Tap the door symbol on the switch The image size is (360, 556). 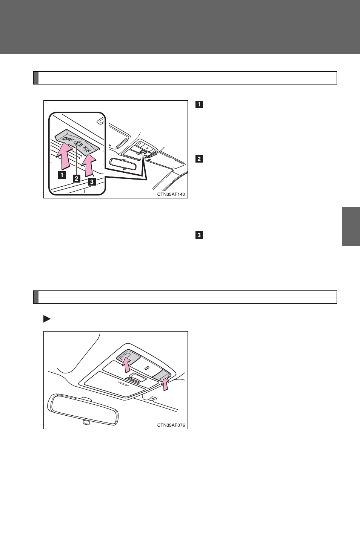pos(78,143)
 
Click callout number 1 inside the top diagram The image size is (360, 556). pos(62,175)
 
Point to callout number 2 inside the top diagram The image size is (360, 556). pos(77,178)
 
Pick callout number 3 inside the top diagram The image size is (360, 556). pos(92,182)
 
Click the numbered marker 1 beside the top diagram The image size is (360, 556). pos(199,104)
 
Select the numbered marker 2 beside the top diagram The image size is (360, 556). pos(199,158)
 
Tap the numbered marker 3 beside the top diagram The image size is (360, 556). pos(199,235)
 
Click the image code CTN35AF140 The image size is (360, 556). pos(171,194)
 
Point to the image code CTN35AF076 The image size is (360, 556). pos(171,425)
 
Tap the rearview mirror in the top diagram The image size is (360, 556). pos(123,164)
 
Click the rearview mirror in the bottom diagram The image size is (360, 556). pos(83,409)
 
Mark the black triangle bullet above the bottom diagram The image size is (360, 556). pos(47,319)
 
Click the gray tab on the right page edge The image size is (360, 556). pos(351,226)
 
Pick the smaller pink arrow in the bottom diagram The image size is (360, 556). pos(165,384)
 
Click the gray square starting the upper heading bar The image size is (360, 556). pos(36,78)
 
